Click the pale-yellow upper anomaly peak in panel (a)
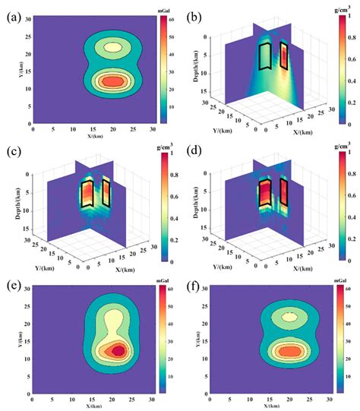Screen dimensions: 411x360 click(x=113, y=47)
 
